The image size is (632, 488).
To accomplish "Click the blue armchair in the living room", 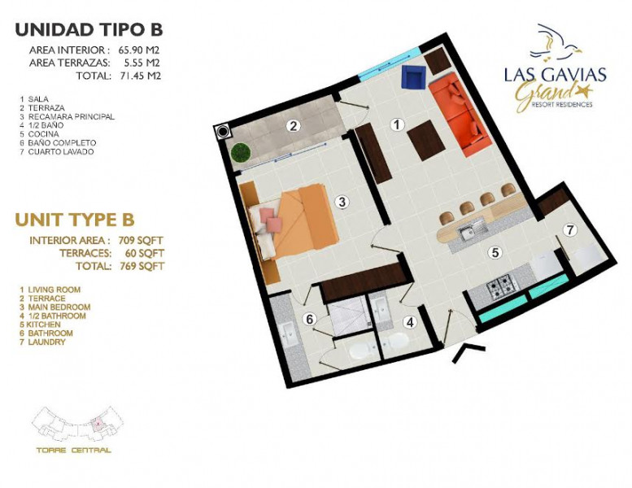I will (414, 78).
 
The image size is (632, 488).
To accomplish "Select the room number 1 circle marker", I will (397, 125).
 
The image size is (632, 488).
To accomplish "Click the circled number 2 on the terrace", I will (294, 125).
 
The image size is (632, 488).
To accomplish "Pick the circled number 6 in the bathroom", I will (309, 319).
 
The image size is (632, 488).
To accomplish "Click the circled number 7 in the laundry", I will (570, 230).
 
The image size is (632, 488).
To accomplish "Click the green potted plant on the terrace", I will (240, 152).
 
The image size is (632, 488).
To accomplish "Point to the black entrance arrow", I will (471, 350).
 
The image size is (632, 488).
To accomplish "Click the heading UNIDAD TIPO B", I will (89, 30).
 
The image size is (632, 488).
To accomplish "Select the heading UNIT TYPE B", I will (75, 220).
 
